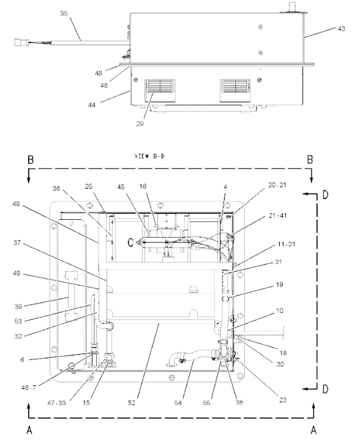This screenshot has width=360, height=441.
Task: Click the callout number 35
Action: pos(64,13)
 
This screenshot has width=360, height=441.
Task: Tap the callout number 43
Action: pos(342,29)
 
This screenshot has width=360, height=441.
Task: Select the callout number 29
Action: pos(140,124)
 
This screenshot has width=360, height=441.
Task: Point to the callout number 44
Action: pos(92,105)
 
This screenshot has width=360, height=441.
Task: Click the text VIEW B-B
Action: pos(149,156)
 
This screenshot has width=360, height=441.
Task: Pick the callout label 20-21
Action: pos(277,185)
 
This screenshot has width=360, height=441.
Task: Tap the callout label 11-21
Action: pos(287,244)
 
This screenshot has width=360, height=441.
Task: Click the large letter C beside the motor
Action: pos(130,243)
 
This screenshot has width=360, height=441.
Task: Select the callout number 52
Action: pos(132,403)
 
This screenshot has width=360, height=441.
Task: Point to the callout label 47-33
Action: pos(56,403)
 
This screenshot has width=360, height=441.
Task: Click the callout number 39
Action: pos(18,306)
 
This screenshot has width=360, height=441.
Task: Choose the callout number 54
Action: pos(178,403)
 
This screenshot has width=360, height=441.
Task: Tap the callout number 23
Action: pos(283,400)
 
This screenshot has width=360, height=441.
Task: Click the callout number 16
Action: pos(143,186)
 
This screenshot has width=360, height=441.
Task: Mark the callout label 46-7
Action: pos(29,388)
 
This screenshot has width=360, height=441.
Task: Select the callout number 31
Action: pos(278,262)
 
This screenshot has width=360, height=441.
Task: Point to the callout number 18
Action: pos(283,353)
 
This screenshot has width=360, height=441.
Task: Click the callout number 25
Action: pos(89,186)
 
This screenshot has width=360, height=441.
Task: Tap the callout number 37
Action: pos(17,243)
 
